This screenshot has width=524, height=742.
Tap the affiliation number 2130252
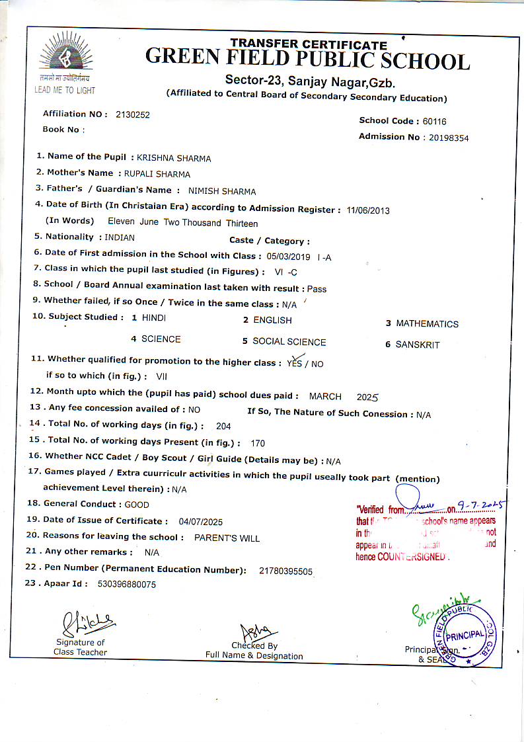133,114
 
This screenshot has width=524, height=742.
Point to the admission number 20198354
449,138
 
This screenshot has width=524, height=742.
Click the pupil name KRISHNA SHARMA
174,158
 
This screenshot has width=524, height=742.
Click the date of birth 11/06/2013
368,211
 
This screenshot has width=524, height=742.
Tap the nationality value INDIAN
120,237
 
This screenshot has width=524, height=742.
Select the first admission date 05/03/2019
288,256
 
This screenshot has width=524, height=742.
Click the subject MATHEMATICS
427,324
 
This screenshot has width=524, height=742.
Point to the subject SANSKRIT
418,345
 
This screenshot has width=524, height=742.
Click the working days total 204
223,427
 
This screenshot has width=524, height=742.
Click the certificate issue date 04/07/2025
201,521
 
